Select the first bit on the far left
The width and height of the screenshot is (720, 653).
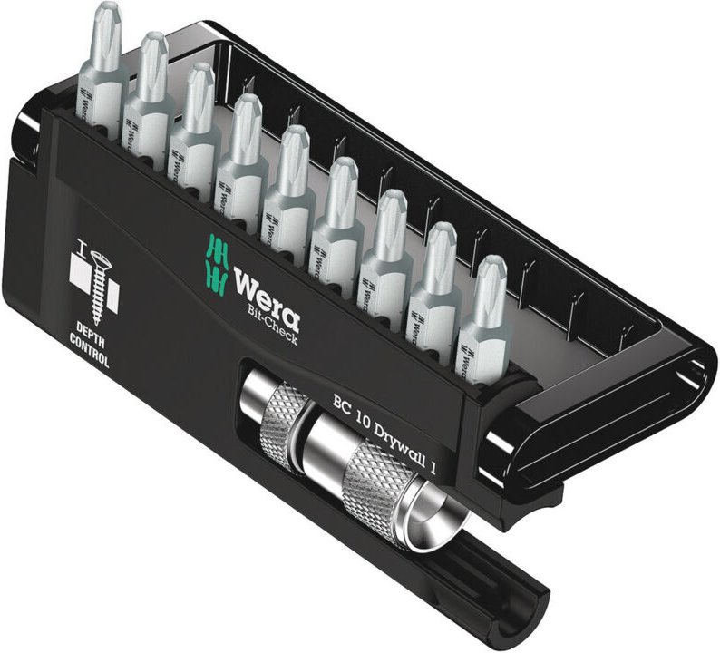(x=102, y=73)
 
